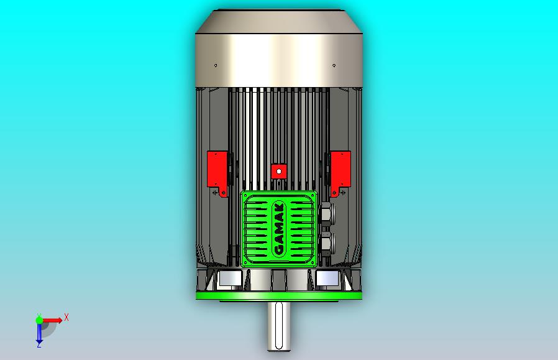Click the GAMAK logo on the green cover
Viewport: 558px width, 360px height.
279,229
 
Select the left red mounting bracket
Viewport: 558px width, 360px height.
217,170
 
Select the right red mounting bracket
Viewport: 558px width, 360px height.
341,170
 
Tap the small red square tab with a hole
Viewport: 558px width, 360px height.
279,171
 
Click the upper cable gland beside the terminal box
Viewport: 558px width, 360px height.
325,214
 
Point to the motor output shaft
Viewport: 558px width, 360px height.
279,326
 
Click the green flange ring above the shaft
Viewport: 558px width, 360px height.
279,296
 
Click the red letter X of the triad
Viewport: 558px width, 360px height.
66,318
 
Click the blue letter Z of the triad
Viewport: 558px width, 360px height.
39,346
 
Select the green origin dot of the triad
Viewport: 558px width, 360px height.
39,320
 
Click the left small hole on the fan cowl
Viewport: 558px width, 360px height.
216,65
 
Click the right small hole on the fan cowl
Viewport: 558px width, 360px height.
334,65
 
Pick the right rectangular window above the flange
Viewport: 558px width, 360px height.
327,279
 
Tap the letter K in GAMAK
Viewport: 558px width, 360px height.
279,208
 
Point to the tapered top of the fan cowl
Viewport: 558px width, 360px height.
279,22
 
